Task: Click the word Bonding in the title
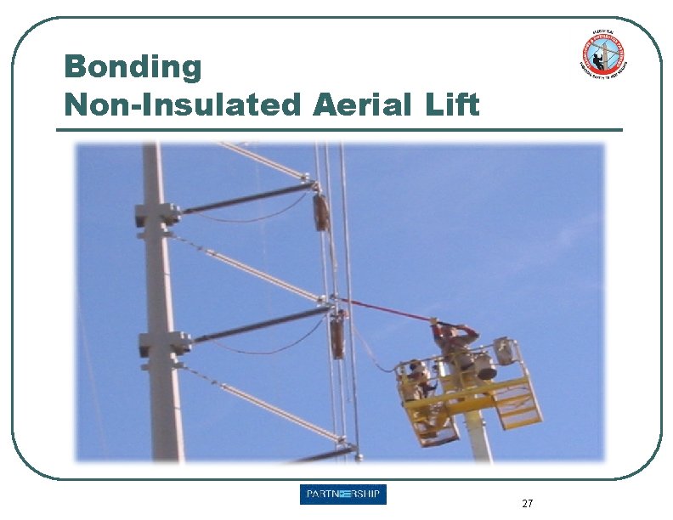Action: [x=133, y=66]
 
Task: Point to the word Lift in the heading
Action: [x=450, y=105]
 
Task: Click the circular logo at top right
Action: [x=605, y=55]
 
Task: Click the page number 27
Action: [x=528, y=504]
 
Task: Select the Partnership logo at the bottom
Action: [x=343, y=495]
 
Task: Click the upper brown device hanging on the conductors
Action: [x=321, y=212]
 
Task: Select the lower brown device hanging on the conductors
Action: [x=338, y=333]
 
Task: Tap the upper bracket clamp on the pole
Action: [x=158, y=214]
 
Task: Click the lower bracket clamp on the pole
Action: [x=161, y=344]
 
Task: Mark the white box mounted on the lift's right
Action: [x=505, y=351]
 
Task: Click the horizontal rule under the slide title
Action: [x=339, y=130]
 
